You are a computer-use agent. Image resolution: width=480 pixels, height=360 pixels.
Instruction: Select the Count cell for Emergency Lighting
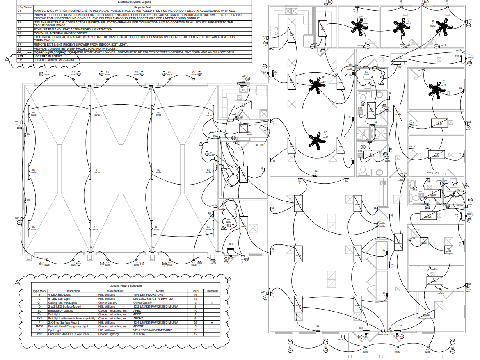pos(196,311)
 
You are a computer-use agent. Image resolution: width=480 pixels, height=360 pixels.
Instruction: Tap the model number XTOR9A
pos(139,334)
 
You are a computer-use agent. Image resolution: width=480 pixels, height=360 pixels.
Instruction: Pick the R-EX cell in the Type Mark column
pos(39,326)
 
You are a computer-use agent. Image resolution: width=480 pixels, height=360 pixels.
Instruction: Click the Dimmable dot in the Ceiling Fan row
pos(212,303)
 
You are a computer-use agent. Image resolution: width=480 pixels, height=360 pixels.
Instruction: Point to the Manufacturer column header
pos(110,291)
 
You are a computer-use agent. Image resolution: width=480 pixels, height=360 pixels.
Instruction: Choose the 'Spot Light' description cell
pos(56,330)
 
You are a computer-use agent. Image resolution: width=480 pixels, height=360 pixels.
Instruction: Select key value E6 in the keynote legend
pos(19,37)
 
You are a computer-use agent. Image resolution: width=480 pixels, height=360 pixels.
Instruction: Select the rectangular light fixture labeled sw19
pos(436,155)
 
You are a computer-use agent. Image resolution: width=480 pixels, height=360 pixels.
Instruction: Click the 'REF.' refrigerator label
pos(308,40)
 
